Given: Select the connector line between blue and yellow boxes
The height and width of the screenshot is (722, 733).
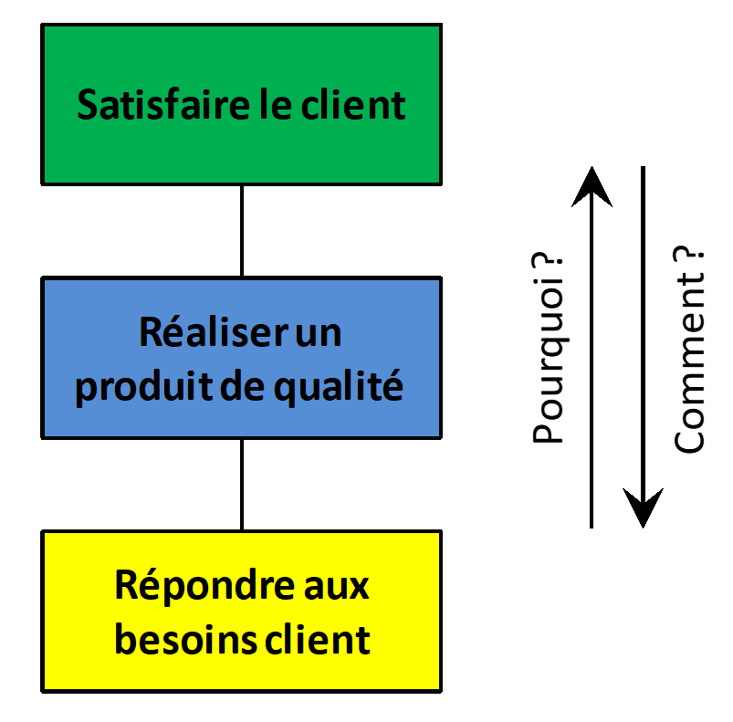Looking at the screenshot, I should (242, 484).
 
